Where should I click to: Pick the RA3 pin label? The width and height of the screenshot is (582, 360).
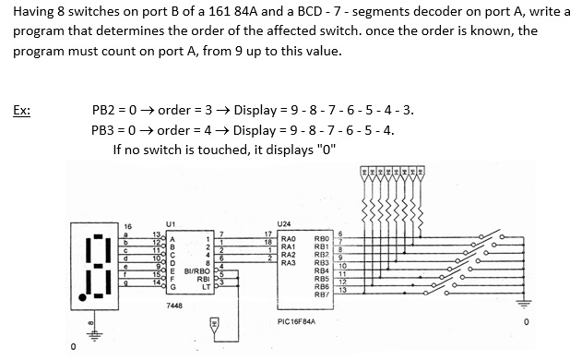point(289,262)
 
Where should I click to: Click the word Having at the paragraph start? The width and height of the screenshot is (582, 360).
point(34,11)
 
